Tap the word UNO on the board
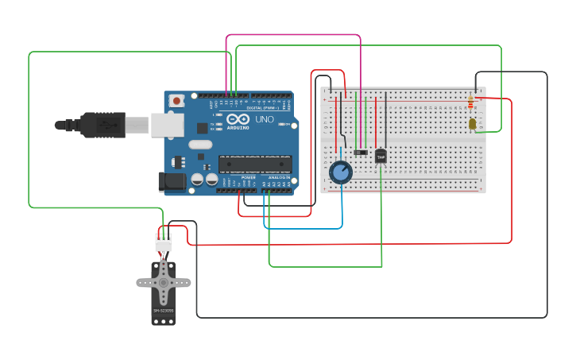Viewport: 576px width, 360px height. point(264,120)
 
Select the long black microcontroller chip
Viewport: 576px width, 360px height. point(255,165)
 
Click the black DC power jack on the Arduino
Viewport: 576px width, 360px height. point(171,182)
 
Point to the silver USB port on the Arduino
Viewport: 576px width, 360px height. point(168,125)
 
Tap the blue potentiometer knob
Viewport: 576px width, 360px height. point(341,172)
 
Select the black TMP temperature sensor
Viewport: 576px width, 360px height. point(381,157)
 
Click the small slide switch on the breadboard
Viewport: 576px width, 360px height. point(361,152)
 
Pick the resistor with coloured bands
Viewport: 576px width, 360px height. point(471,102)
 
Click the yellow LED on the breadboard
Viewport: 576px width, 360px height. point(473,124)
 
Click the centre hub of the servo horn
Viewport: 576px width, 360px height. point(164,281)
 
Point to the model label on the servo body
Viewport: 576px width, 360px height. point(164,311)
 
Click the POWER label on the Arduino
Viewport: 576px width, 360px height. point(249,176)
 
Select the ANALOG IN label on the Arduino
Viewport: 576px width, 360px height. point(279,176)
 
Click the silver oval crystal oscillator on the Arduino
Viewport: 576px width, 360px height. point(201,145)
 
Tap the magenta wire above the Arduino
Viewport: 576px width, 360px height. point(294,35)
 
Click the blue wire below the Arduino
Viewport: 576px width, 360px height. point(302,228)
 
